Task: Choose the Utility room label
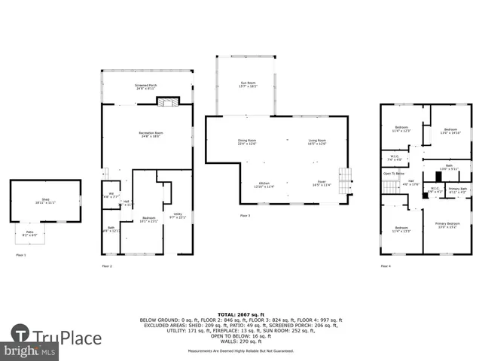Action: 178,216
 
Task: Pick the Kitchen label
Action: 264,184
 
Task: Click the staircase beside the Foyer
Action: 345,180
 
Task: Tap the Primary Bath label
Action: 458,190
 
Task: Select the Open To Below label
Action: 393,173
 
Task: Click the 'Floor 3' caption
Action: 245,216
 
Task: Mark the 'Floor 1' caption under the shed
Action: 21,256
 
